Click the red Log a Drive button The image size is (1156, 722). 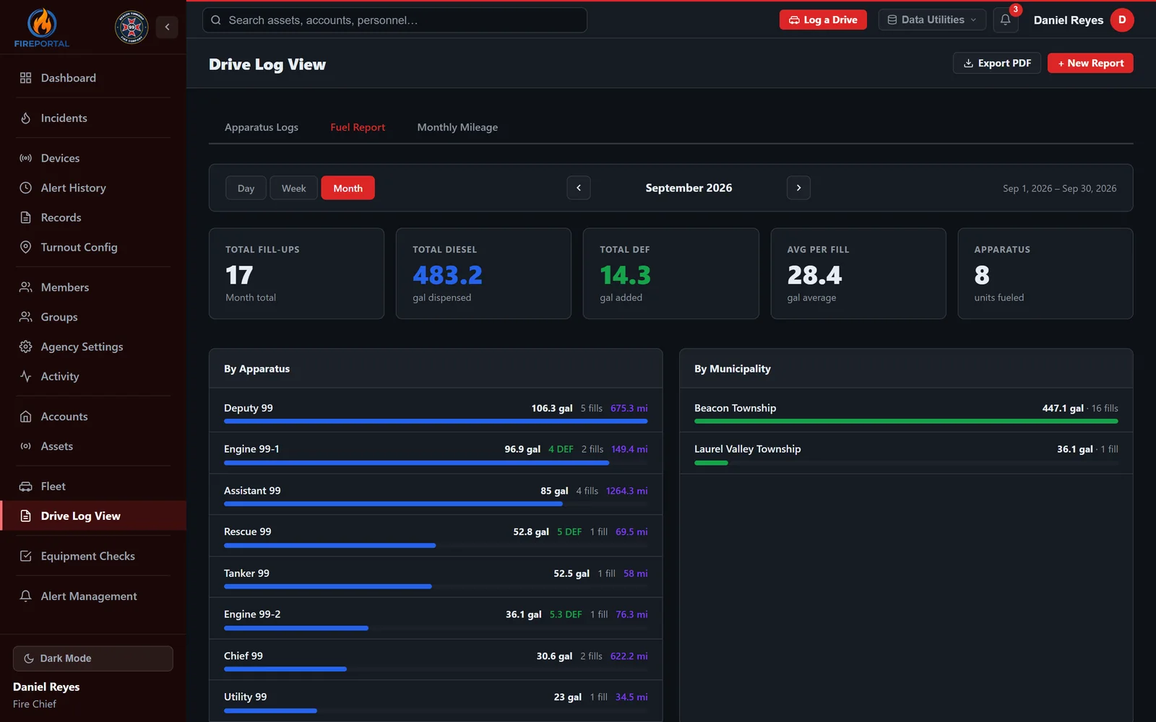pos(823,19)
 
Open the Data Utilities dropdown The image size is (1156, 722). pos(931,19)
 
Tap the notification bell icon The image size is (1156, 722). pos(1005,20)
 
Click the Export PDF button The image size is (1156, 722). pos(996,63)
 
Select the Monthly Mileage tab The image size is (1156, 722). pos(457,127)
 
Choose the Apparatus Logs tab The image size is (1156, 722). pos(261,127)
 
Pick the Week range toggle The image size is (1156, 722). pos(293,188)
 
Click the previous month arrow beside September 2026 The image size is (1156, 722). pos(579,188)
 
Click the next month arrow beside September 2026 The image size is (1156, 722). pos(798,188)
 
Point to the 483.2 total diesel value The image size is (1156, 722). pos(447,275)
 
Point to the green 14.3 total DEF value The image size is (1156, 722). pos(625,275)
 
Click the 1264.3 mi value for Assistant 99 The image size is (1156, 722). pos(626,490)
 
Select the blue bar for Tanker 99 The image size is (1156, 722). pos(328,586)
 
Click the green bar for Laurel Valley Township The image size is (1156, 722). pos(711,463)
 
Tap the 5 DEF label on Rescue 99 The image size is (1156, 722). pos(569,531)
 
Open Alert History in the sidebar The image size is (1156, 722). pos(73,188)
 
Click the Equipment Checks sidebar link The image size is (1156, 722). pos(87,556)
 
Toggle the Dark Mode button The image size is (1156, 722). pos(93,658)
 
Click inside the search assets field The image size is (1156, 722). pos(394,20)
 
